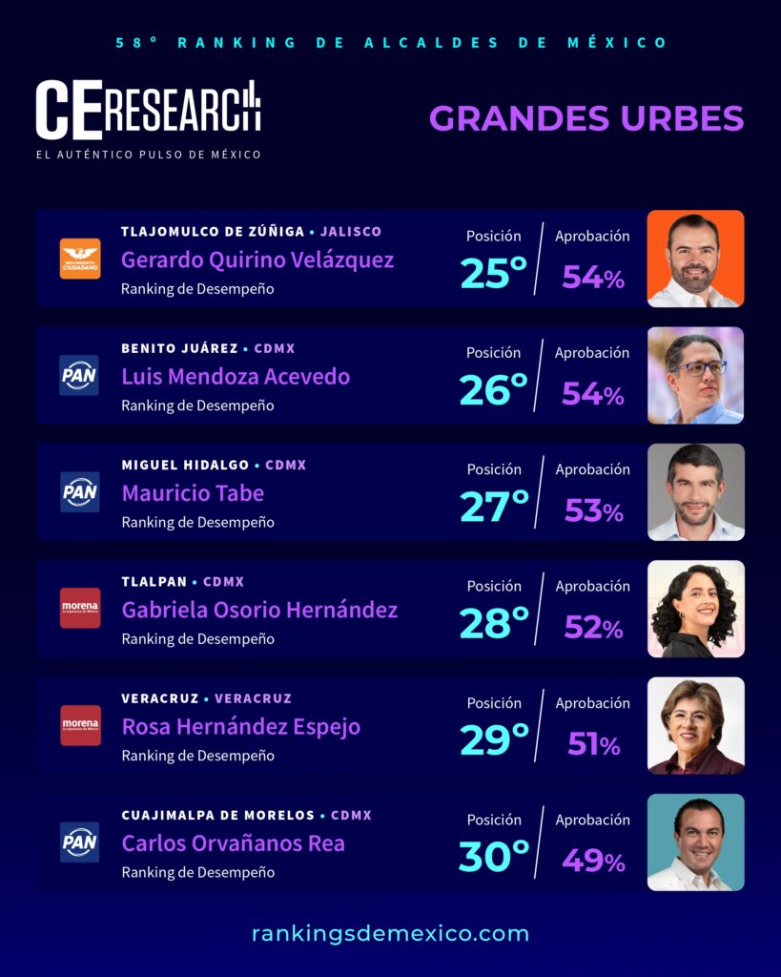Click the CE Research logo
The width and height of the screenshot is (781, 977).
(148, 111)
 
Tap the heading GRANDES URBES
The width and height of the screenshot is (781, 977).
(586, 118)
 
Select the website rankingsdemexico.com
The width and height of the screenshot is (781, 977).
(391, 933)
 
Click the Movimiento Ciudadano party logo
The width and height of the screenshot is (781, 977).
(80, 259)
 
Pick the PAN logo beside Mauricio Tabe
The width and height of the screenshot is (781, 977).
(80, 492)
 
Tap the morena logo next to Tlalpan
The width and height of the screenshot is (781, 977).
(80, 608)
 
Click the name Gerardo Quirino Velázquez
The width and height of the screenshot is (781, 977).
(257, 260)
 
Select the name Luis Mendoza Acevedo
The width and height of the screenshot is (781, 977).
(236, 376)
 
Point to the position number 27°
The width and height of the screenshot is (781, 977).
(494, 506)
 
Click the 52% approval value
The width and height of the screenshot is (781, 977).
(593, 628)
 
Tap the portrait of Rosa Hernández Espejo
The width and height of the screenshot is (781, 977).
(696, 725)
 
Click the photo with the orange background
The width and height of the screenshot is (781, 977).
(696, 259)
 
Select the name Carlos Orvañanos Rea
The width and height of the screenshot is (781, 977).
(233, 843)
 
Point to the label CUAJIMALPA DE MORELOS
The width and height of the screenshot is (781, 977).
(218, 815)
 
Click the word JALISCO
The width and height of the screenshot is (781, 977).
(351, 232)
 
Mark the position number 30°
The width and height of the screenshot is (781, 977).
(494, 856)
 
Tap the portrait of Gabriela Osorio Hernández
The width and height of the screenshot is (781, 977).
(696, 609)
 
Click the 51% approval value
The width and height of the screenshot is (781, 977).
(593, 744)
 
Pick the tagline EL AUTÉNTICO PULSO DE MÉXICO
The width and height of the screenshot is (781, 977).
(148, 155)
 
